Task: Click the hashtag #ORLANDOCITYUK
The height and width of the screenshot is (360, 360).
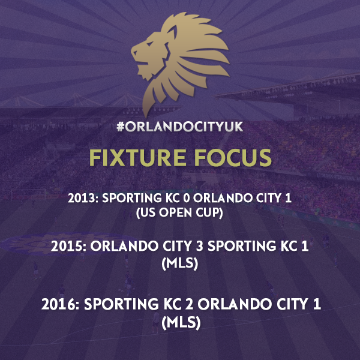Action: click(x=180, y=127)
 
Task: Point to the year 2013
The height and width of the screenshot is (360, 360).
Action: click(x=82, y=198)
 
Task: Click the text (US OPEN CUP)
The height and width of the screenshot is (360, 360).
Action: click(x=179, y=212)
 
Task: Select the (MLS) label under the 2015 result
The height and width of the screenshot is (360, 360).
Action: click(x=180, y=263)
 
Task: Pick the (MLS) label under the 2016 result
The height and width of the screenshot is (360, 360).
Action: click(x=181, y=323)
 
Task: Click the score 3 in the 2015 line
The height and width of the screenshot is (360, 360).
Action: click(x=200, y=247)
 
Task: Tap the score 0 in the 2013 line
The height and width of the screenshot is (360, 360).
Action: click(x=187, y=198)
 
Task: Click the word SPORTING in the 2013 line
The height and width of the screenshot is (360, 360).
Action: click(x=132, y=198)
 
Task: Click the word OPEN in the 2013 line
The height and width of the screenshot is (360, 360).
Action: click(x=175, y=212)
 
